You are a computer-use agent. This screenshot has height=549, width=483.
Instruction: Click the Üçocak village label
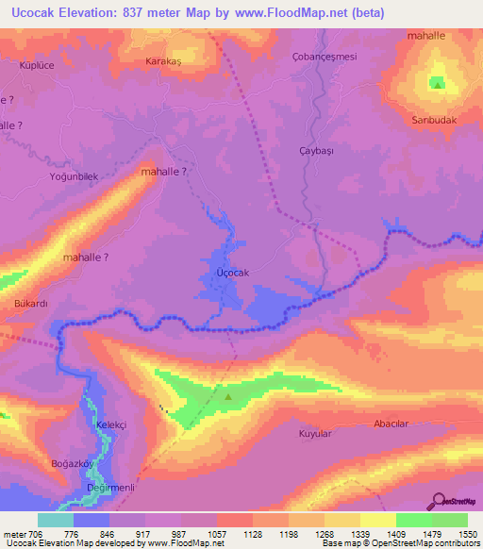[x=232, y=273]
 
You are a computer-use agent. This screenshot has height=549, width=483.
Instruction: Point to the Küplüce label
[x=39, y=65]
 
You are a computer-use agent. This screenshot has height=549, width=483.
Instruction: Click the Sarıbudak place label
[x=433, y=121]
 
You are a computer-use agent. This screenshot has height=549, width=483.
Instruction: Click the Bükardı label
[x=30, y=305]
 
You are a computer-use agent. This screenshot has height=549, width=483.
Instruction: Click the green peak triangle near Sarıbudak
[x=438, y=83]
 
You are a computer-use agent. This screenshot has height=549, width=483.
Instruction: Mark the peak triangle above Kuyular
[x=228, y=396]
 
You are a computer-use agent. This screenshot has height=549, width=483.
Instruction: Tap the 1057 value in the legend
[x=215, y=534]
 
